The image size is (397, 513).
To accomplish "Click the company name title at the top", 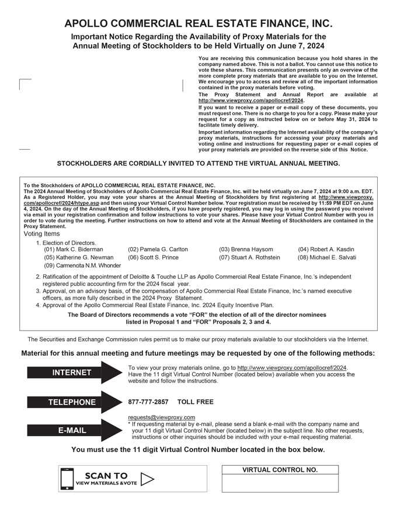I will coord(198,24).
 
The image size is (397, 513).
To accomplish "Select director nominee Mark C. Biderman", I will coord(74,249).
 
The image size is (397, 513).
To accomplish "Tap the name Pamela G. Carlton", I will coord(158,249).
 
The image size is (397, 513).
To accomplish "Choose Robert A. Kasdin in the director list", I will coord(326,249).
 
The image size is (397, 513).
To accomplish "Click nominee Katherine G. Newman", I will coord(79,257).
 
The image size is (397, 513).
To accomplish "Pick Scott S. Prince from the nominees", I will coord(153,257).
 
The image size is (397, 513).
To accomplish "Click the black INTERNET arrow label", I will coord(72,373).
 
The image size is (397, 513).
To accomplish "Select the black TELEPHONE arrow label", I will coord(72,402).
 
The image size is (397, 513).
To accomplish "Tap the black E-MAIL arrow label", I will coord(72,430).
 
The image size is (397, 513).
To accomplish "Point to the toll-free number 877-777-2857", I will coord(148,402).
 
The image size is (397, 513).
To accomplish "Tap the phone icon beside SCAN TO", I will coord(67,479).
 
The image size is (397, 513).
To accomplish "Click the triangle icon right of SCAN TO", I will coord(147,479).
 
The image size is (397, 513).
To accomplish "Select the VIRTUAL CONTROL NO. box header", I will coord(280,470).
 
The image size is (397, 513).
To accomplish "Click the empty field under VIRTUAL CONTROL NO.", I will coord(280,483).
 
